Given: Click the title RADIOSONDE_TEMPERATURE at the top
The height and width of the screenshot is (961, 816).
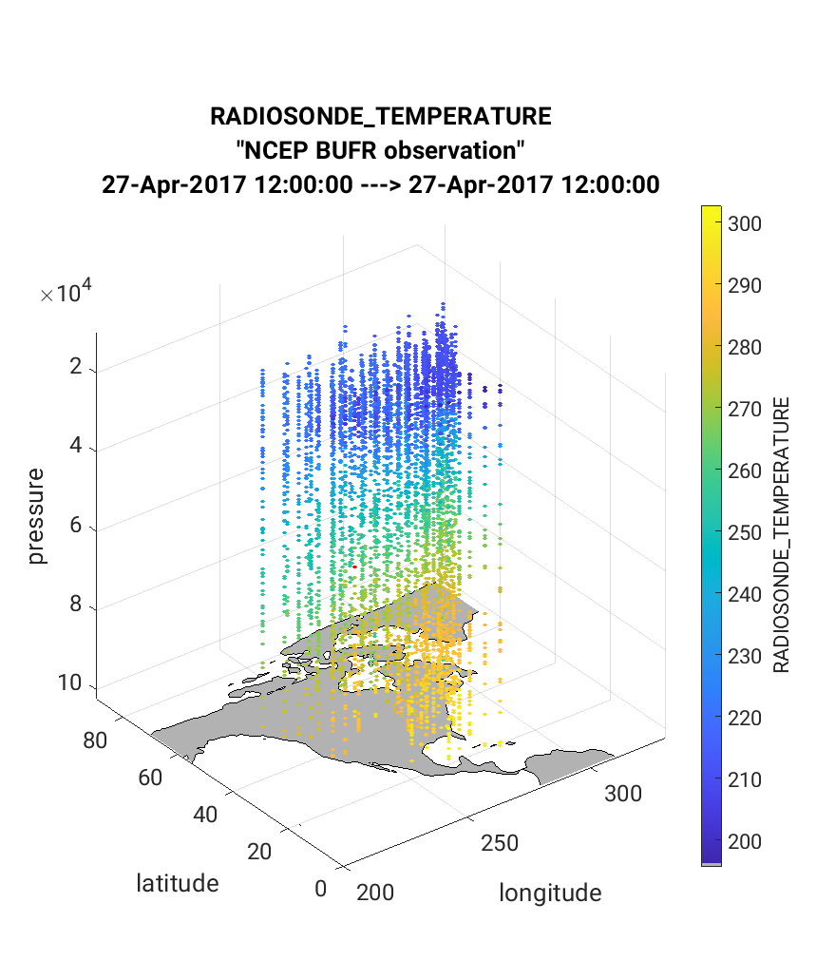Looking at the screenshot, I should coord(380,117).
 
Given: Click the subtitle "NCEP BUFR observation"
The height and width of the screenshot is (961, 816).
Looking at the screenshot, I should coord(380,150).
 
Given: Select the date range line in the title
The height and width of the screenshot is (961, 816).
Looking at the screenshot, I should coord(380,184).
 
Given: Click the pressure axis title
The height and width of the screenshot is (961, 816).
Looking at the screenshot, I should coord(37,516).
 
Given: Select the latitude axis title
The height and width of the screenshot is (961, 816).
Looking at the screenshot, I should coord(178,883).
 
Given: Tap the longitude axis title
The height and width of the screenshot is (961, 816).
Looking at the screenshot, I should coord(550,893).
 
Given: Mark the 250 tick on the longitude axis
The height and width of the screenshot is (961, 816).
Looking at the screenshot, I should coord(500,841).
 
